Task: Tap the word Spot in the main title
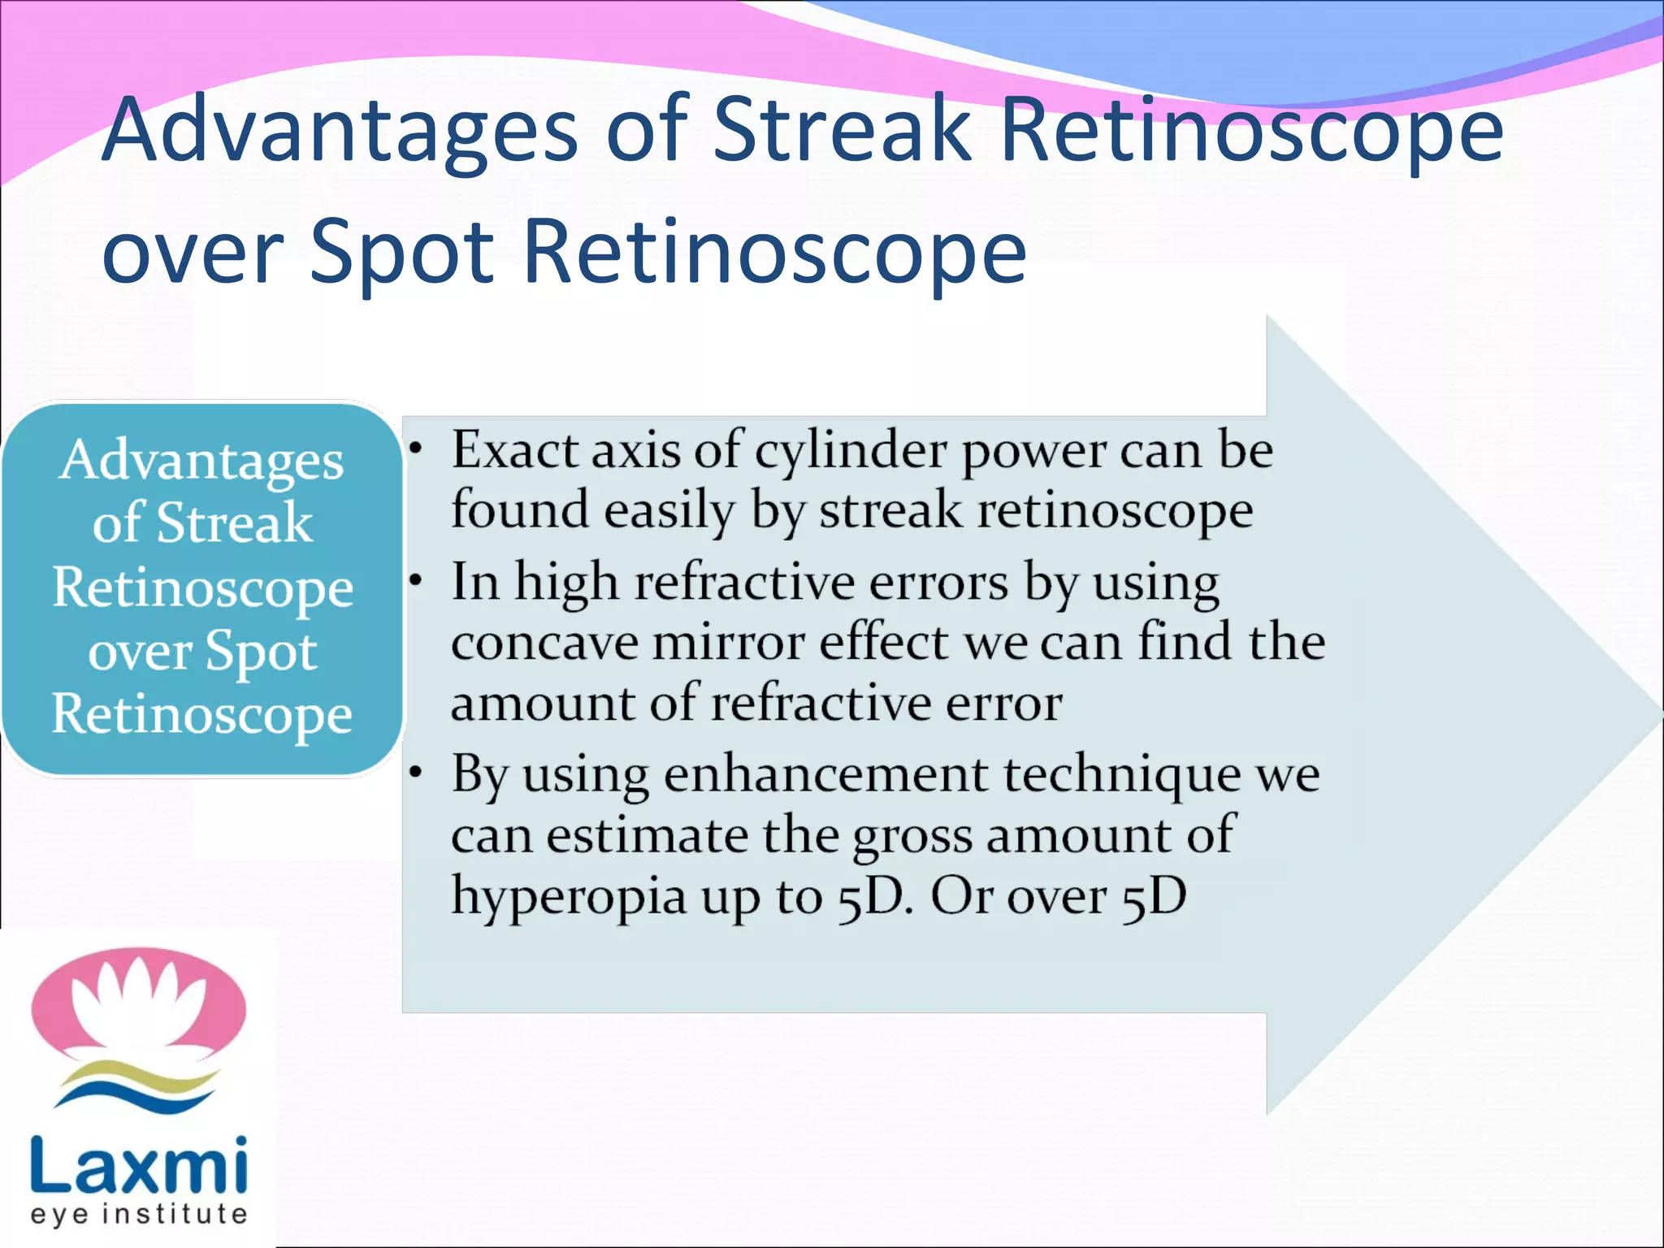(x=401, y=252)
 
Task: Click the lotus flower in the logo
(x=138, y=1003)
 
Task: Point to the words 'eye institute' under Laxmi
(x=139, y=1214)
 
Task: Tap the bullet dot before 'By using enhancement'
(x=416, y=773)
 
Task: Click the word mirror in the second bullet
(x=727, y=643)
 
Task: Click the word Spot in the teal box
(x=260, y=652)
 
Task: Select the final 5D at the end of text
(x=1154, y=897)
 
